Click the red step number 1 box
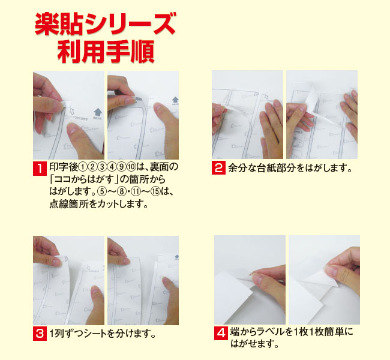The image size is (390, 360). click(40, 169)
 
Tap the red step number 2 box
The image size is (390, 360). click(218, 167)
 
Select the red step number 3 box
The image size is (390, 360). click(40, 334)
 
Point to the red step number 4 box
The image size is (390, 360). click(221, 333)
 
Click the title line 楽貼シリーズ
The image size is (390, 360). click(106, 24)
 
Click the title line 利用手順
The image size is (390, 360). click(106, 52)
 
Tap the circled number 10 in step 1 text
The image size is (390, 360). click(131, 167)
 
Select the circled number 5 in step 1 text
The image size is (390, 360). click(102, 192)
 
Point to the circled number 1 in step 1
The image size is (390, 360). click(83, 167)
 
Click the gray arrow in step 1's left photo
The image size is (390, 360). click(97, 112)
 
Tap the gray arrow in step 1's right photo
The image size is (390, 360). click(175, 100)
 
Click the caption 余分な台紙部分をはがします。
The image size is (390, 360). click(290, 168)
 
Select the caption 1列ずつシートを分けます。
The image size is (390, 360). click(103, 334)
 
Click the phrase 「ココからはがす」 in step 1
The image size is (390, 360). click(85, 179)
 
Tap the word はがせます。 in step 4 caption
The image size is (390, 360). click(255, 344)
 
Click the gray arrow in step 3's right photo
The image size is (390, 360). click(176, 256)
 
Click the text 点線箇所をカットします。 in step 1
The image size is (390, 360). click(99, 204)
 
